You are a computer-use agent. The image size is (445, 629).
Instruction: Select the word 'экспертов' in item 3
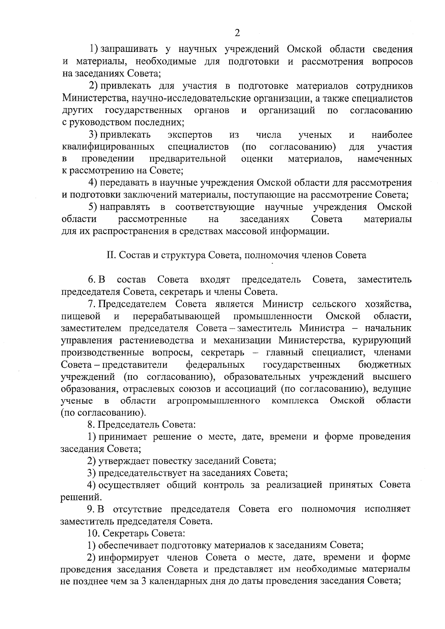(x=190, y=135)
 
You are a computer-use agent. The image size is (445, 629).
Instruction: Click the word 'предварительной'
(x=188, y=159)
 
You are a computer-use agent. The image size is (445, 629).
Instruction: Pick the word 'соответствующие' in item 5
(x=215, y=207)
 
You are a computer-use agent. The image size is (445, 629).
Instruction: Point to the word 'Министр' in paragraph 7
(x=283, y=304)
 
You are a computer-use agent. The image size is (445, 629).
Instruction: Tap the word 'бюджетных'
(x=385, y=365)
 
